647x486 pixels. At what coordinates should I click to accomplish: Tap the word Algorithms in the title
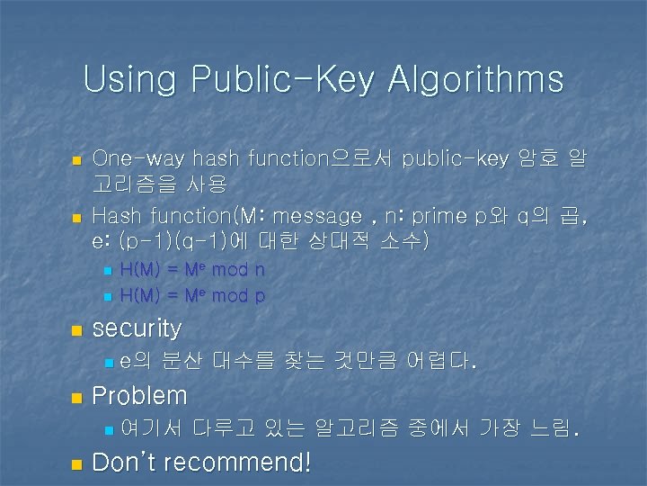click(x=476, y=81)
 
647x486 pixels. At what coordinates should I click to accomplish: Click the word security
click(x=137, y=328)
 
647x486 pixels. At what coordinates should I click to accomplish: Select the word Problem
click(x=140, y=396)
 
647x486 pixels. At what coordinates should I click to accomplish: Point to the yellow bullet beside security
click(x=76, y=330)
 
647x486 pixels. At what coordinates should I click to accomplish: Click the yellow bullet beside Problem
click(x=76, y=397)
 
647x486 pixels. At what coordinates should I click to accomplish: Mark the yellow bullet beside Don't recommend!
click(x=76, y=464)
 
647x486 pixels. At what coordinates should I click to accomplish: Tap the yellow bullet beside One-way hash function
click(x=76, y=160)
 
